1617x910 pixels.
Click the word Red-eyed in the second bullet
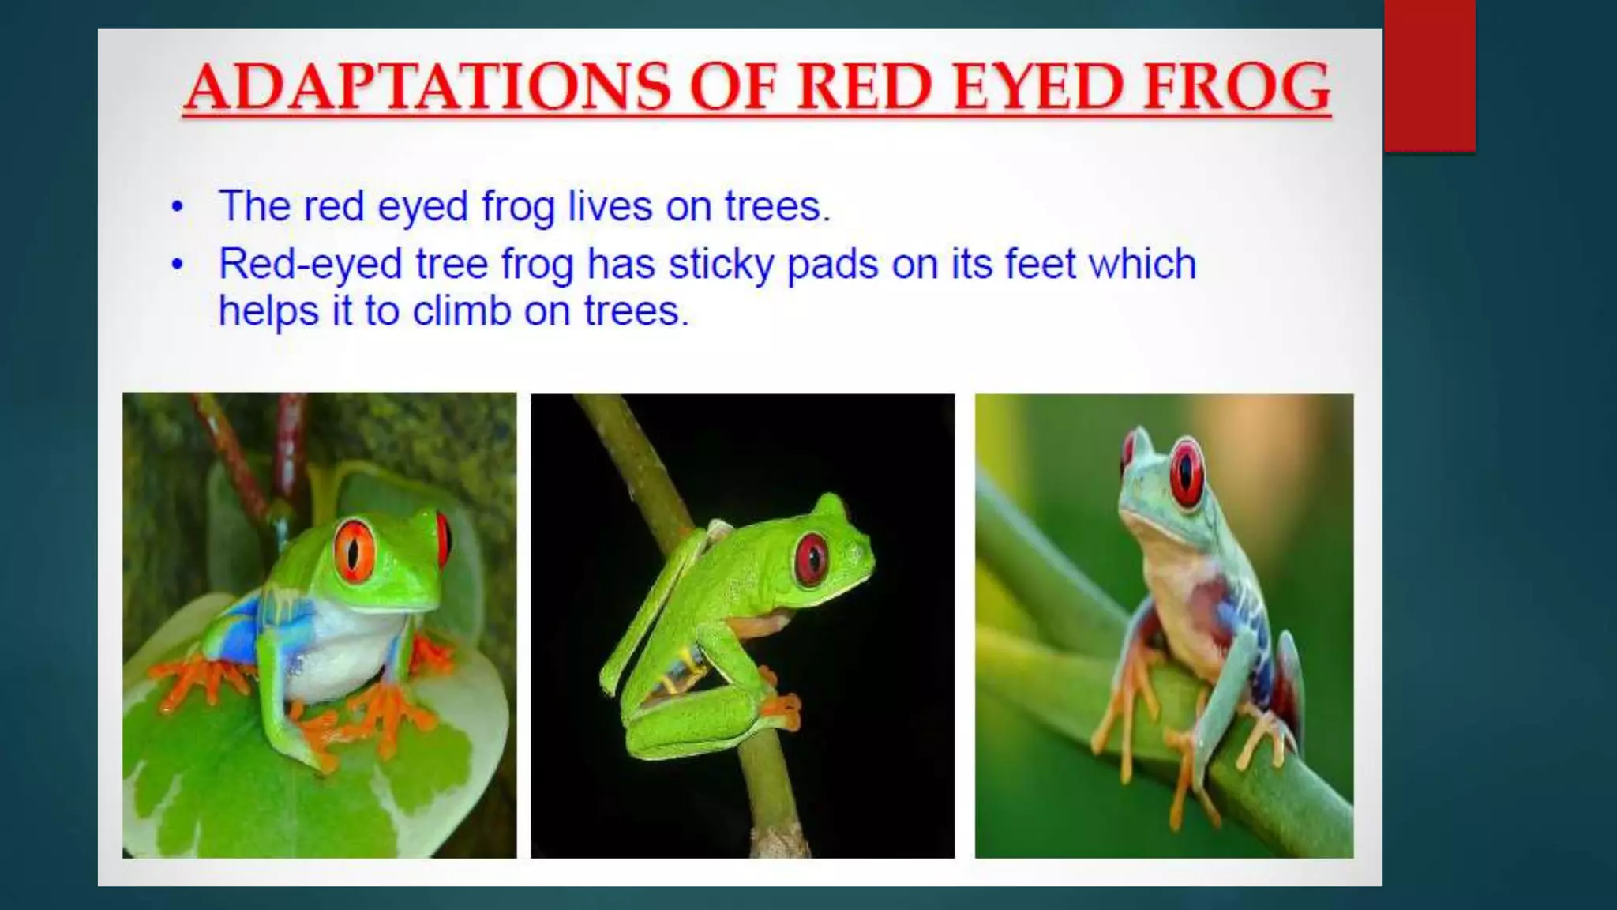(310, 264)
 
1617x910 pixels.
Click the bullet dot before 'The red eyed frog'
(178, 208)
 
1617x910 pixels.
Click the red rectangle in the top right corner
(1430, 75)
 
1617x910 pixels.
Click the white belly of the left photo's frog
(340, 648)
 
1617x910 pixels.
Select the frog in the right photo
(1184, 600)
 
